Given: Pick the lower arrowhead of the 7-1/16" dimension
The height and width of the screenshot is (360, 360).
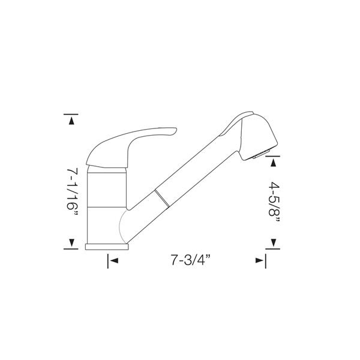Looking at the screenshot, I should [72, 242].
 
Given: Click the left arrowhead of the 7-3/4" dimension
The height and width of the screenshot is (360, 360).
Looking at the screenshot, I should [113, 260].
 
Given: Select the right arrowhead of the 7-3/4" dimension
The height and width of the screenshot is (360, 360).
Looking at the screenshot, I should [259, 260].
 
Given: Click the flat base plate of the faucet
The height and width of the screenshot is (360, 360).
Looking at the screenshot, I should [108, 247].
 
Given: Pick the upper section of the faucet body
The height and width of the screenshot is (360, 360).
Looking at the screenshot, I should [108, 186].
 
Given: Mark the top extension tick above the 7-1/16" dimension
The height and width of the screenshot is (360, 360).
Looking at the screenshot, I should [72, 113].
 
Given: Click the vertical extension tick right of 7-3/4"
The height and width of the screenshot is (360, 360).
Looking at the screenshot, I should [265, 260].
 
